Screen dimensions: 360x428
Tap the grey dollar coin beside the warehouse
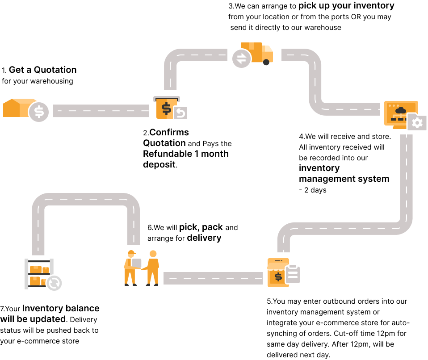click(39, 112)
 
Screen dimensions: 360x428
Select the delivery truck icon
click(257, 53)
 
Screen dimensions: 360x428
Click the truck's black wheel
click(266, 62)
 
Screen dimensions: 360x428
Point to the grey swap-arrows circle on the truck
click(241, 59)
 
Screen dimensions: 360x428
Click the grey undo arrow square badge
click(180, 113)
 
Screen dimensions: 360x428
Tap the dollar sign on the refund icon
click(166, 109)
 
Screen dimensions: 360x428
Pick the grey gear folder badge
click(417, 122)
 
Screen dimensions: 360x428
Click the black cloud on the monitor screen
click(400, 110)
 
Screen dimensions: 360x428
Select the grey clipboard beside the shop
click(293, 274)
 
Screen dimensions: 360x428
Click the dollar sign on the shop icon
click(278, 277)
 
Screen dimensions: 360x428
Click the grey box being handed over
click(137, 263)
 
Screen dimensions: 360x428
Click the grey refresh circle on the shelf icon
click(54, 283)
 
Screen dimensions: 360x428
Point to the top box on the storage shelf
click(36, 269)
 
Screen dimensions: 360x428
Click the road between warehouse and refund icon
click(101, 111)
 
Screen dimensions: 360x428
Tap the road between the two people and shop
click(213, 278)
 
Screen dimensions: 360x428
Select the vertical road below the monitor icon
click(406, 179)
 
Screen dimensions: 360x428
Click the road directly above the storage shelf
click(38, 228)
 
